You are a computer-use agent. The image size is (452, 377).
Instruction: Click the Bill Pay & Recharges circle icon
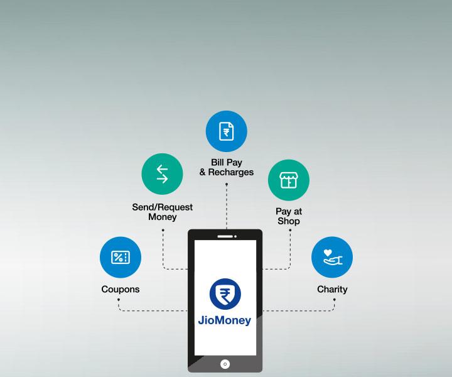(226, 131)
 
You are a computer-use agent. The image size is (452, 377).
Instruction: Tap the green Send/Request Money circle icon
(163, 174)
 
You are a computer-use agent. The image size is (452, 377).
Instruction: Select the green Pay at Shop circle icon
(289, 180)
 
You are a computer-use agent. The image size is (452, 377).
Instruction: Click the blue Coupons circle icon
(121, 257)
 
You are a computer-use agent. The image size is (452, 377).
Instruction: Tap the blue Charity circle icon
(332, 257)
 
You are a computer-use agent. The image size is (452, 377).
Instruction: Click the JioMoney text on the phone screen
(225, 320)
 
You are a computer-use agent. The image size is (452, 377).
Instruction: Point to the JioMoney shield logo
(225, 294)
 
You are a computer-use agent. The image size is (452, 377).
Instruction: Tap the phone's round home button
(225, 364)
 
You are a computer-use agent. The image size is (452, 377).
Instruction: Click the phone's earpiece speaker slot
(225, 236)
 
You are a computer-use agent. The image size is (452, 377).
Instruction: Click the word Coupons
(121, 289)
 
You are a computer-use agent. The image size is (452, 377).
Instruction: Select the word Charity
(332, 289)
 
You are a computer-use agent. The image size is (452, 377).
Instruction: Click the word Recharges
(231, 172)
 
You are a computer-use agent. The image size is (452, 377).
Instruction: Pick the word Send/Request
(163, 207)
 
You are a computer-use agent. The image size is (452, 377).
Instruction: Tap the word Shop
(289, 221)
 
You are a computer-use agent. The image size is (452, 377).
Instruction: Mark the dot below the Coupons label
(119, 300)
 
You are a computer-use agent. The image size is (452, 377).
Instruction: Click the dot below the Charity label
(334, 300)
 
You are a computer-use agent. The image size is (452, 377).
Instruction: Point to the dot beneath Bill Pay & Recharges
(227, 184)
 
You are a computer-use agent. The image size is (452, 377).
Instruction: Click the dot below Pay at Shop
(290, 230)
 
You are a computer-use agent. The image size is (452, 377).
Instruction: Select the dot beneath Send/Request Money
(163, 230)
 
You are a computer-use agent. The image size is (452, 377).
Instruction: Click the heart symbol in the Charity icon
(328, 253)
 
